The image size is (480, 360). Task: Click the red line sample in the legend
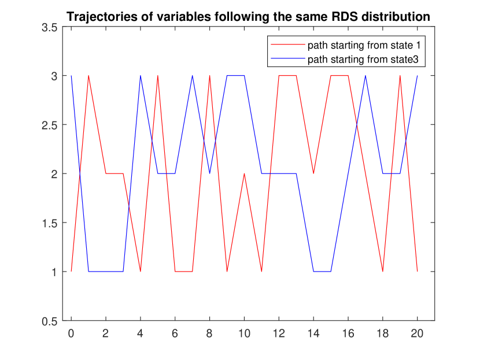[x=288, y=45]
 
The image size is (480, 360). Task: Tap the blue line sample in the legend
[x=288, y=59]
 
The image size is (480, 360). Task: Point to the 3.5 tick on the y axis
[x=50, y=28]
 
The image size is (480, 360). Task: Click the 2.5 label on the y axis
[x=50, y=125]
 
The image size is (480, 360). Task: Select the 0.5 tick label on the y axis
[x=50, y=321]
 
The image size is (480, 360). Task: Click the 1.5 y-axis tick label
[x=50, y=224]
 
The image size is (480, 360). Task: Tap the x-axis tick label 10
[x=244, y=333]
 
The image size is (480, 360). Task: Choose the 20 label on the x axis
[x=417, y=333]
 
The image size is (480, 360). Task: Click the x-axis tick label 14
[x=313, y=333]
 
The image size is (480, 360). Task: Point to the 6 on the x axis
[x=175, y=333]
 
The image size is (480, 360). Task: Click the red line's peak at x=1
[x=88, y=76]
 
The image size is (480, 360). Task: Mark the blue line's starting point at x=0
[x=71, y=76]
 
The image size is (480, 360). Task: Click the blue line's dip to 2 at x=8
[x=210, y=173]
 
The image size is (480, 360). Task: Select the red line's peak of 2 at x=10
[x=244, y=173]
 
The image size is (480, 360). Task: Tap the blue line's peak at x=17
[x=365, y=76]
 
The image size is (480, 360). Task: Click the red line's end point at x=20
[x=417, y=271]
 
